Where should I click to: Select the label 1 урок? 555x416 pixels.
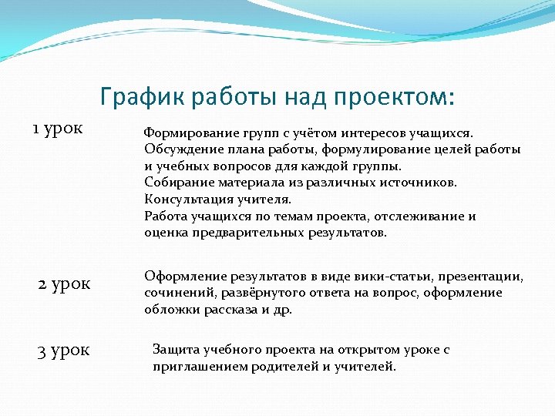[57, 127]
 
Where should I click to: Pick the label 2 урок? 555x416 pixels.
[64, 283]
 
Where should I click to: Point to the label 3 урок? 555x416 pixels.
[63, 351]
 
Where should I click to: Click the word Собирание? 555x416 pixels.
[174, 183]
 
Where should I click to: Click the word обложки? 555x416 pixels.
[169, 309]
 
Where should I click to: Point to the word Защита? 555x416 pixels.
[175, 349]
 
